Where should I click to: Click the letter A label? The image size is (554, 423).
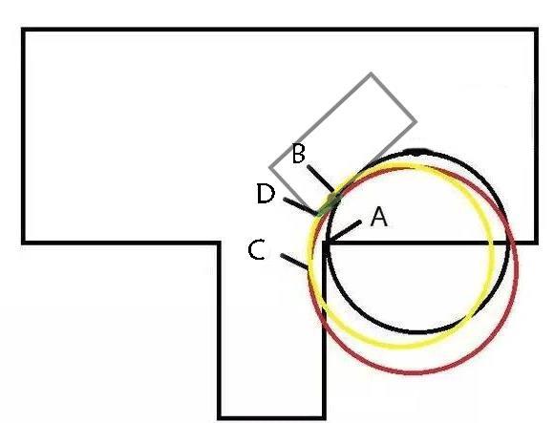(x=379, y=217)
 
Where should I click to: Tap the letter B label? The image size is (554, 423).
(x=299, y=154)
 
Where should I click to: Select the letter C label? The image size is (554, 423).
(x=257, y=249)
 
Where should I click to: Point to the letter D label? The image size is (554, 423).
(x=266, y=194)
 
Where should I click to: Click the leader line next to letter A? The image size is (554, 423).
(x=344, y=231)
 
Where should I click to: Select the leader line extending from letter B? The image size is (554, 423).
(x=320, y=179)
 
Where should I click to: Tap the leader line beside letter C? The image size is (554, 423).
(x=294, y=261)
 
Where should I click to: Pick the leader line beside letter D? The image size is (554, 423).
(x=301, y=206)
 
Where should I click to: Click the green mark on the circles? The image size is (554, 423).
(x=329, y=203)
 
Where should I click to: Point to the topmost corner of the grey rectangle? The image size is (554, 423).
(x=371, y=74)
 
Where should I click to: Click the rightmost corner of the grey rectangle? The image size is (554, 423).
(x=415, y=122)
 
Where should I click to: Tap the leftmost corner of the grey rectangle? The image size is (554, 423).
(x=270, y=167)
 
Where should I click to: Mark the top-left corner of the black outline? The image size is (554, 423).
(x=23, y=30)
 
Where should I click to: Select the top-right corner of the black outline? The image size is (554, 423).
(x=537, y=30)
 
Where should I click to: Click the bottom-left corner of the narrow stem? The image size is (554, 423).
(x=220, y=418)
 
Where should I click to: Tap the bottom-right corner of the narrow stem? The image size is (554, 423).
(x=324, y=418)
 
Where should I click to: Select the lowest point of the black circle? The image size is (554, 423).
(x=418, y=332)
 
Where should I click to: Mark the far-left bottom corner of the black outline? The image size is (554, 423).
(x=23, y=243)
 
